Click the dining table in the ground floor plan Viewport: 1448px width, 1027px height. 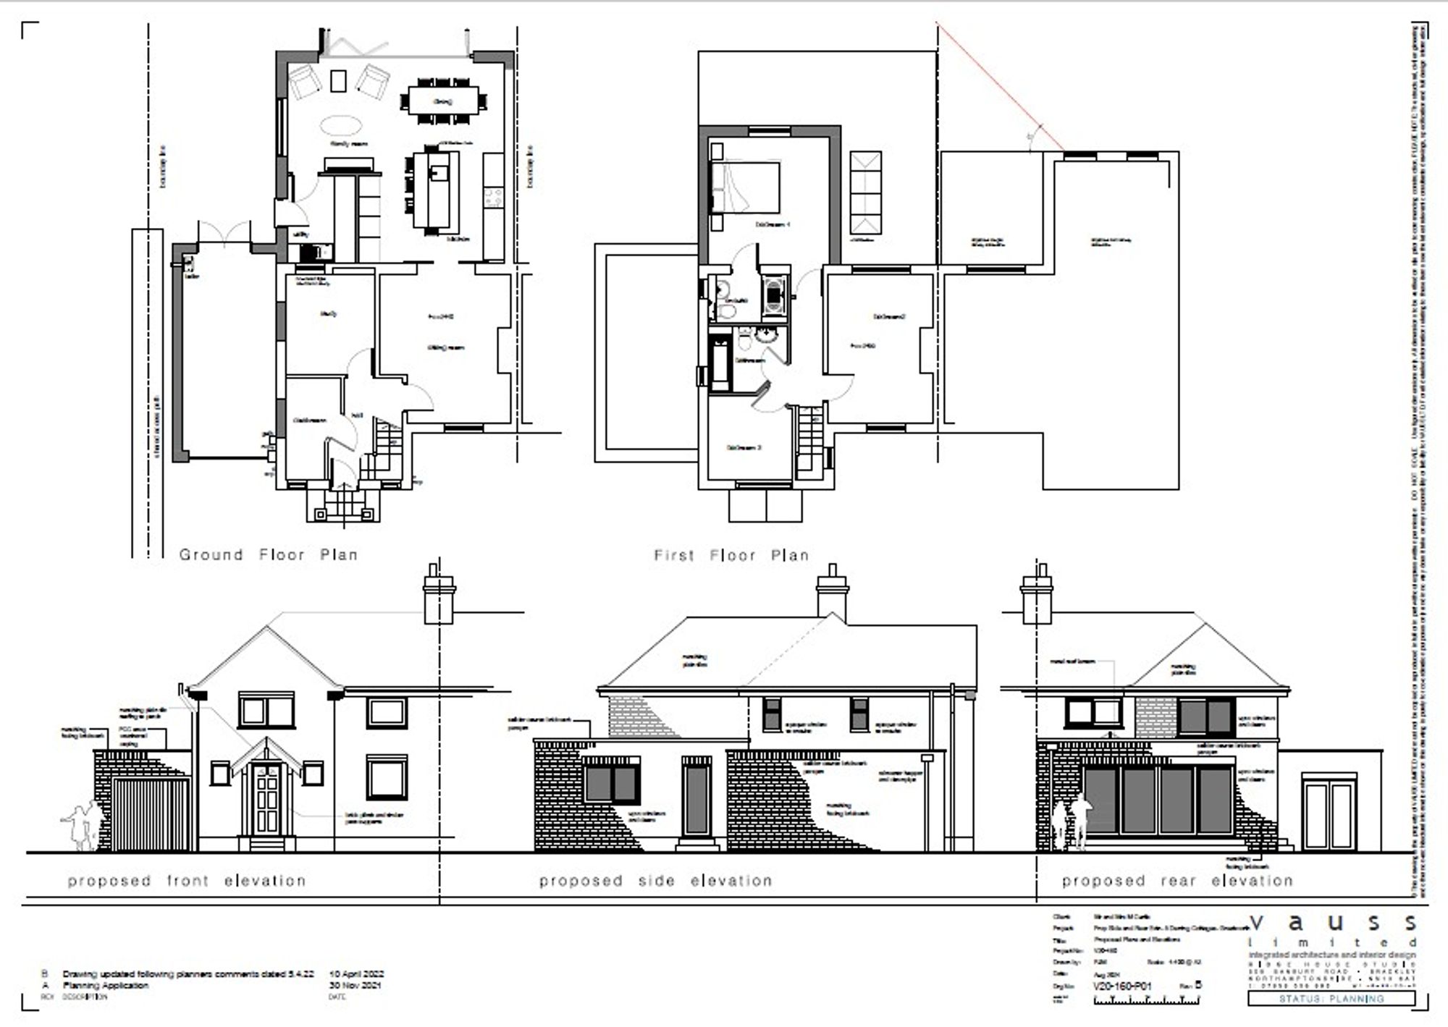click(443, 100)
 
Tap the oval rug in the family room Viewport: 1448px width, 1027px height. click(340, 126)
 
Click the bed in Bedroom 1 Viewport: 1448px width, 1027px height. click(746, 187)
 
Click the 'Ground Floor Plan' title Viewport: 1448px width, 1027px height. click(269, 555)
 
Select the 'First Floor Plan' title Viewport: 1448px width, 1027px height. click(731, 555)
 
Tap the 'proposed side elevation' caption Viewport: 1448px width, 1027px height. click(655, 881)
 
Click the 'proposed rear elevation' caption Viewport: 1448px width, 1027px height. click(1177, 881)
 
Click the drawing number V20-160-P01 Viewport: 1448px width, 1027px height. click(1121, 986)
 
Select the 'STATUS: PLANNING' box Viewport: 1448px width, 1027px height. click(1331, 999)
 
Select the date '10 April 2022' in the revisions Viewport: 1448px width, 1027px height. click(356, 974)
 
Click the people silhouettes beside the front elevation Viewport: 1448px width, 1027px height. click(83, 826)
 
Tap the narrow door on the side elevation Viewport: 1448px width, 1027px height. click(696, 797)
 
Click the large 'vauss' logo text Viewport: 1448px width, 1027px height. click(1332, 924)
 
